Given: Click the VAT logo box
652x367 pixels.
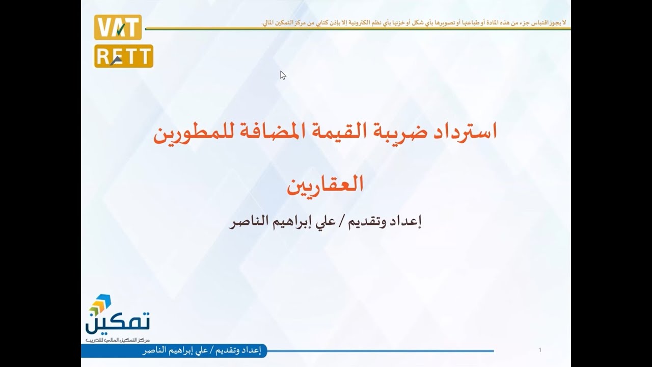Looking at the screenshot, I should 118,28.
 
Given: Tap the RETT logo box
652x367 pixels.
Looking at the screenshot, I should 124,56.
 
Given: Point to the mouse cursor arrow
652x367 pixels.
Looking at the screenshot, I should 282,74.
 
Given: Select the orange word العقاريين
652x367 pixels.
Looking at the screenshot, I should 325,185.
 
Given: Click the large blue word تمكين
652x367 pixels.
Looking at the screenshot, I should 118,322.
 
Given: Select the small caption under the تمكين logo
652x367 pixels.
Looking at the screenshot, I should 118,340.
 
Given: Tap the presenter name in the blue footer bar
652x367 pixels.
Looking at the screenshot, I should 202,351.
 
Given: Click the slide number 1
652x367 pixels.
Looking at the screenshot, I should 539,350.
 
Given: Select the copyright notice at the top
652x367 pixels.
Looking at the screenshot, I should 413,23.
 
